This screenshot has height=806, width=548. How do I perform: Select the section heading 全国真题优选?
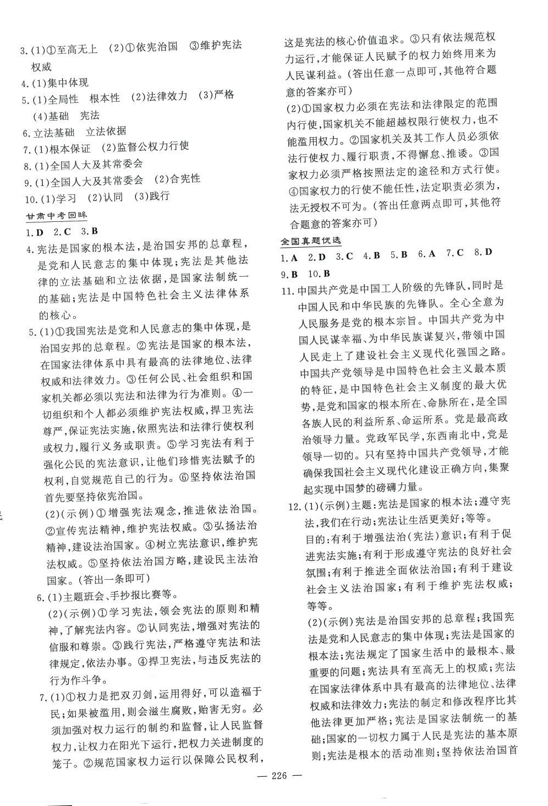(310, 241)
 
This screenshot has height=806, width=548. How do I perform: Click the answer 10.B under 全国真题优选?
(319, 274)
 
